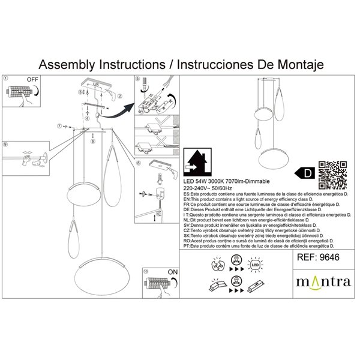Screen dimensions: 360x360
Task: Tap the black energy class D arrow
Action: pyautogui.click(x=307, y=173)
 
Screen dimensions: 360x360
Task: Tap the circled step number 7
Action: pyautogui.click(x=59, y=126)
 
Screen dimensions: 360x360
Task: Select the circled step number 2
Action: pyautogui.click(x=119, y=96)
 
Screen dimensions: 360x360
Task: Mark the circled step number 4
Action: pyautogui.click(x=87, y=118)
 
